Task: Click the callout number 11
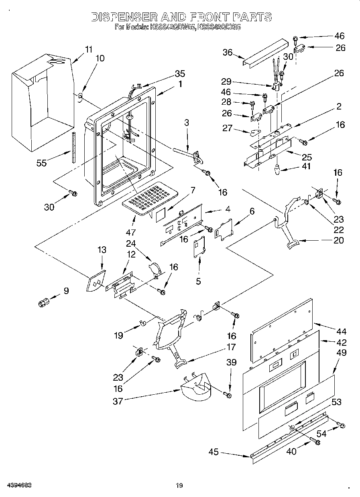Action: pyautogui.click(x=88, y=50)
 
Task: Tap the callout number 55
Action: pyautogui.click(x=41, y=162)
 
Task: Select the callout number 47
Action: pyautogui.click(x=131, y=231)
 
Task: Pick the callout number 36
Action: pyautogui.click(x=228, y=52)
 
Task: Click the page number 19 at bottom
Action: pyautogui.click(x=179, y=486)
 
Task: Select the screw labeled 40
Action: pyautogui.click(x=317, y=442)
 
